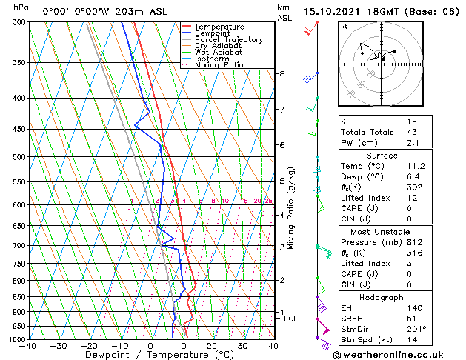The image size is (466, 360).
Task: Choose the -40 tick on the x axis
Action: (x=29, y=346)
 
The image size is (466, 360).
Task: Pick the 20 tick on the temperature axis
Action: (x=211, y=346)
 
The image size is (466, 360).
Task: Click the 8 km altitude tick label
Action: (x=282, y=74)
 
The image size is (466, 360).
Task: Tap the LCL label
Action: (x=291, y=319)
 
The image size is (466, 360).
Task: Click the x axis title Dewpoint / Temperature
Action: (x=151, y=355)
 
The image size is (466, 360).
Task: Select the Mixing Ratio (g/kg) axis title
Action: (x=291, y=207)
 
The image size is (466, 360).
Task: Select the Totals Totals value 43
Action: (x=410, y=132)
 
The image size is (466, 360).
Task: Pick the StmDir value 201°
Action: (x=413, y=328)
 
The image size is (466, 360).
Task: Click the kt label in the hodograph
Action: (x=344, y=26)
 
